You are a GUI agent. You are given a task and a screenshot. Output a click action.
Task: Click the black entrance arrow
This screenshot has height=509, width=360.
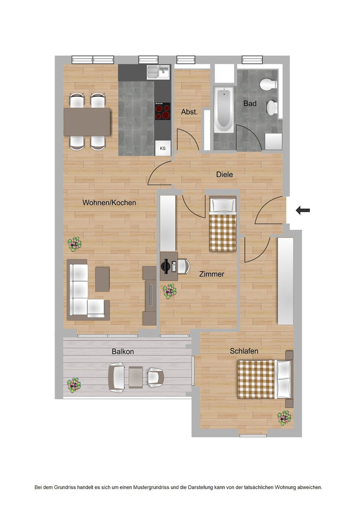point(303,210)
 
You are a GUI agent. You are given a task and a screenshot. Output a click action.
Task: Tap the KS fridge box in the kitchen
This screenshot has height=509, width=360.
point(163,148)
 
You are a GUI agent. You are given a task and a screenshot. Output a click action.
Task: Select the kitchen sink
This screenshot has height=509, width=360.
point(158,72)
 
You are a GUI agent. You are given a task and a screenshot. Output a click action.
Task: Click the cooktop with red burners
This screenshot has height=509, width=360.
point(163,111)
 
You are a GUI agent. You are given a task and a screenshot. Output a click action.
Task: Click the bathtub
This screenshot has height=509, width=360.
point(224,109)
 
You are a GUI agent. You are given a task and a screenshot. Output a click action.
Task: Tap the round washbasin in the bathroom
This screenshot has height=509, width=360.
point(272,108)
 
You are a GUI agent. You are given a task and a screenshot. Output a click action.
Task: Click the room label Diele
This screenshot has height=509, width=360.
point(224,174)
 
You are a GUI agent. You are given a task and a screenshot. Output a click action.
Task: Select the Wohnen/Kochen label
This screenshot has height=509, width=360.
point(109,203)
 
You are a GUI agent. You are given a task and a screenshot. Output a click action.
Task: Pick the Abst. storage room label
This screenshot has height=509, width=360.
point(189,112)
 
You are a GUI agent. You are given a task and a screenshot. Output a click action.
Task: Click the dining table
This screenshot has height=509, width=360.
point(87,122)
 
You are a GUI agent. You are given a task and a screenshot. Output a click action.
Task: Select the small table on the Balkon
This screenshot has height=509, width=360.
point(136,377)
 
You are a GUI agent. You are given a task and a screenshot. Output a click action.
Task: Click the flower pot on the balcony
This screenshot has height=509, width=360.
point(74,385)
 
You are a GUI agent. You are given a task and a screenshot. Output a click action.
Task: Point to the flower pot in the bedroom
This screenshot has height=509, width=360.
point(284,418)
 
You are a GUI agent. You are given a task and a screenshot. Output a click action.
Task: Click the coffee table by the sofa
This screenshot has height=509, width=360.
point(102,279)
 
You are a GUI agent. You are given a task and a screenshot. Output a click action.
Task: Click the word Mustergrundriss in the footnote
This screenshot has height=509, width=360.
point(151,487)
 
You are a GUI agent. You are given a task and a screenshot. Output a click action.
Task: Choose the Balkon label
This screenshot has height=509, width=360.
point(123,351)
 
